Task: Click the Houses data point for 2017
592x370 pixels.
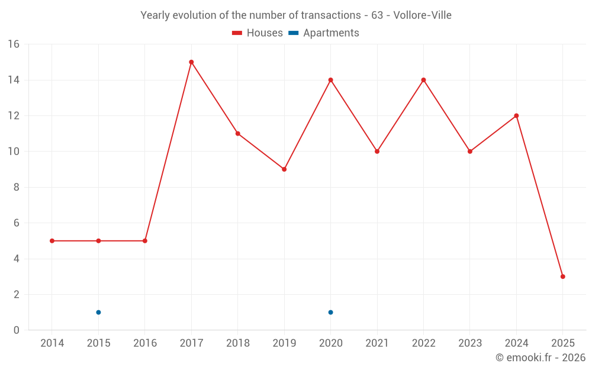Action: point(191,62)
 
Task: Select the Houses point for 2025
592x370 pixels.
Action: point(563,276)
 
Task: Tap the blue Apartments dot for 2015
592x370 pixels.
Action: point(98,312)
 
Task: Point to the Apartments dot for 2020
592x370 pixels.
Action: point(330,312)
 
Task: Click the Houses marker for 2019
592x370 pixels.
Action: point(284,169)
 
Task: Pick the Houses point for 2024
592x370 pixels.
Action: point(516,115)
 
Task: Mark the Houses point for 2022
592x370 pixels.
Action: point(423,80)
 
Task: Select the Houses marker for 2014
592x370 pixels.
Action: point(52,241)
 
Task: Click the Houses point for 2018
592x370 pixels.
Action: point(237,134)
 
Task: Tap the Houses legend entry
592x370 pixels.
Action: point(258,33)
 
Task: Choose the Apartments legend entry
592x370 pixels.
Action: point(324,33)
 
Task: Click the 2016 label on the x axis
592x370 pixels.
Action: point(145,343)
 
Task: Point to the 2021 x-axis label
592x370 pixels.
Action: point(377,343)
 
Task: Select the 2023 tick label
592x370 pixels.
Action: point(470,343)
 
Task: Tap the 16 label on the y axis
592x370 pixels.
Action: point(13,44)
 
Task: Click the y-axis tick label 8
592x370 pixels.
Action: point(17,187)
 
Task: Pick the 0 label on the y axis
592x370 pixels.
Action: point(17,330)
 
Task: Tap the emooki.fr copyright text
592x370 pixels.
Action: point(540,358)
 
